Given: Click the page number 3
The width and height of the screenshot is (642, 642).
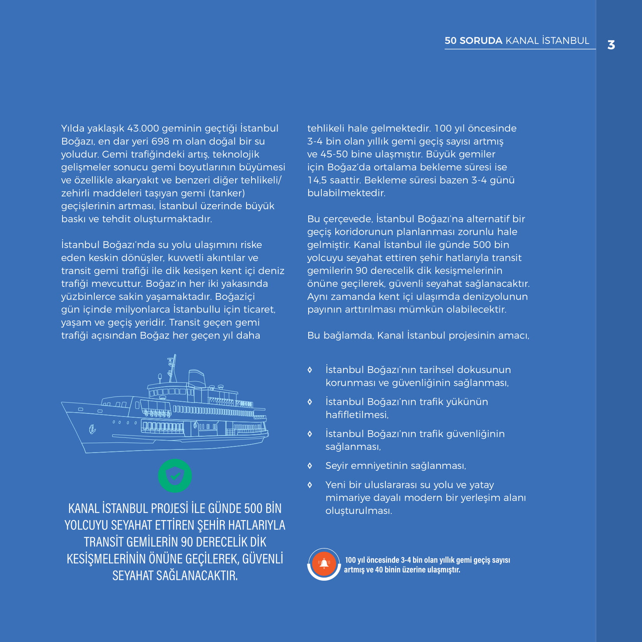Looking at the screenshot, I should (x=611, y=45).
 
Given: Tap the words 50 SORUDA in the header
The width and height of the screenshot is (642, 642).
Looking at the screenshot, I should (x=473, y=41).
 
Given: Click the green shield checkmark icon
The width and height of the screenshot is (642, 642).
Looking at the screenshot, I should (x=175, y=475).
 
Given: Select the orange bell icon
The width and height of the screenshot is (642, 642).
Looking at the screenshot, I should (x=324, y=564).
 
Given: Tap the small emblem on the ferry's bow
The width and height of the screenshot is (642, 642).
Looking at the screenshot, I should (x=92, y=429).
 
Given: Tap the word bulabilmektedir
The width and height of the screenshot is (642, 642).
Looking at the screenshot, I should (x=346, y=193).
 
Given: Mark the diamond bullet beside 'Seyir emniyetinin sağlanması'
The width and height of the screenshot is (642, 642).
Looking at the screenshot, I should (x=310, y=466).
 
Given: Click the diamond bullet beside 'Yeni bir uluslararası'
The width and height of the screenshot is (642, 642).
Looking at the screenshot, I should (x=310, y=485).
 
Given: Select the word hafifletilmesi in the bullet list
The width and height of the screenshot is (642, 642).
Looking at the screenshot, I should (x=357, y=415).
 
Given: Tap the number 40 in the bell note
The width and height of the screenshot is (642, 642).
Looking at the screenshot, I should (x=379, y=570).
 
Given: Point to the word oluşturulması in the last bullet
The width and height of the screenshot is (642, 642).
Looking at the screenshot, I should (x=359, y=511).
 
